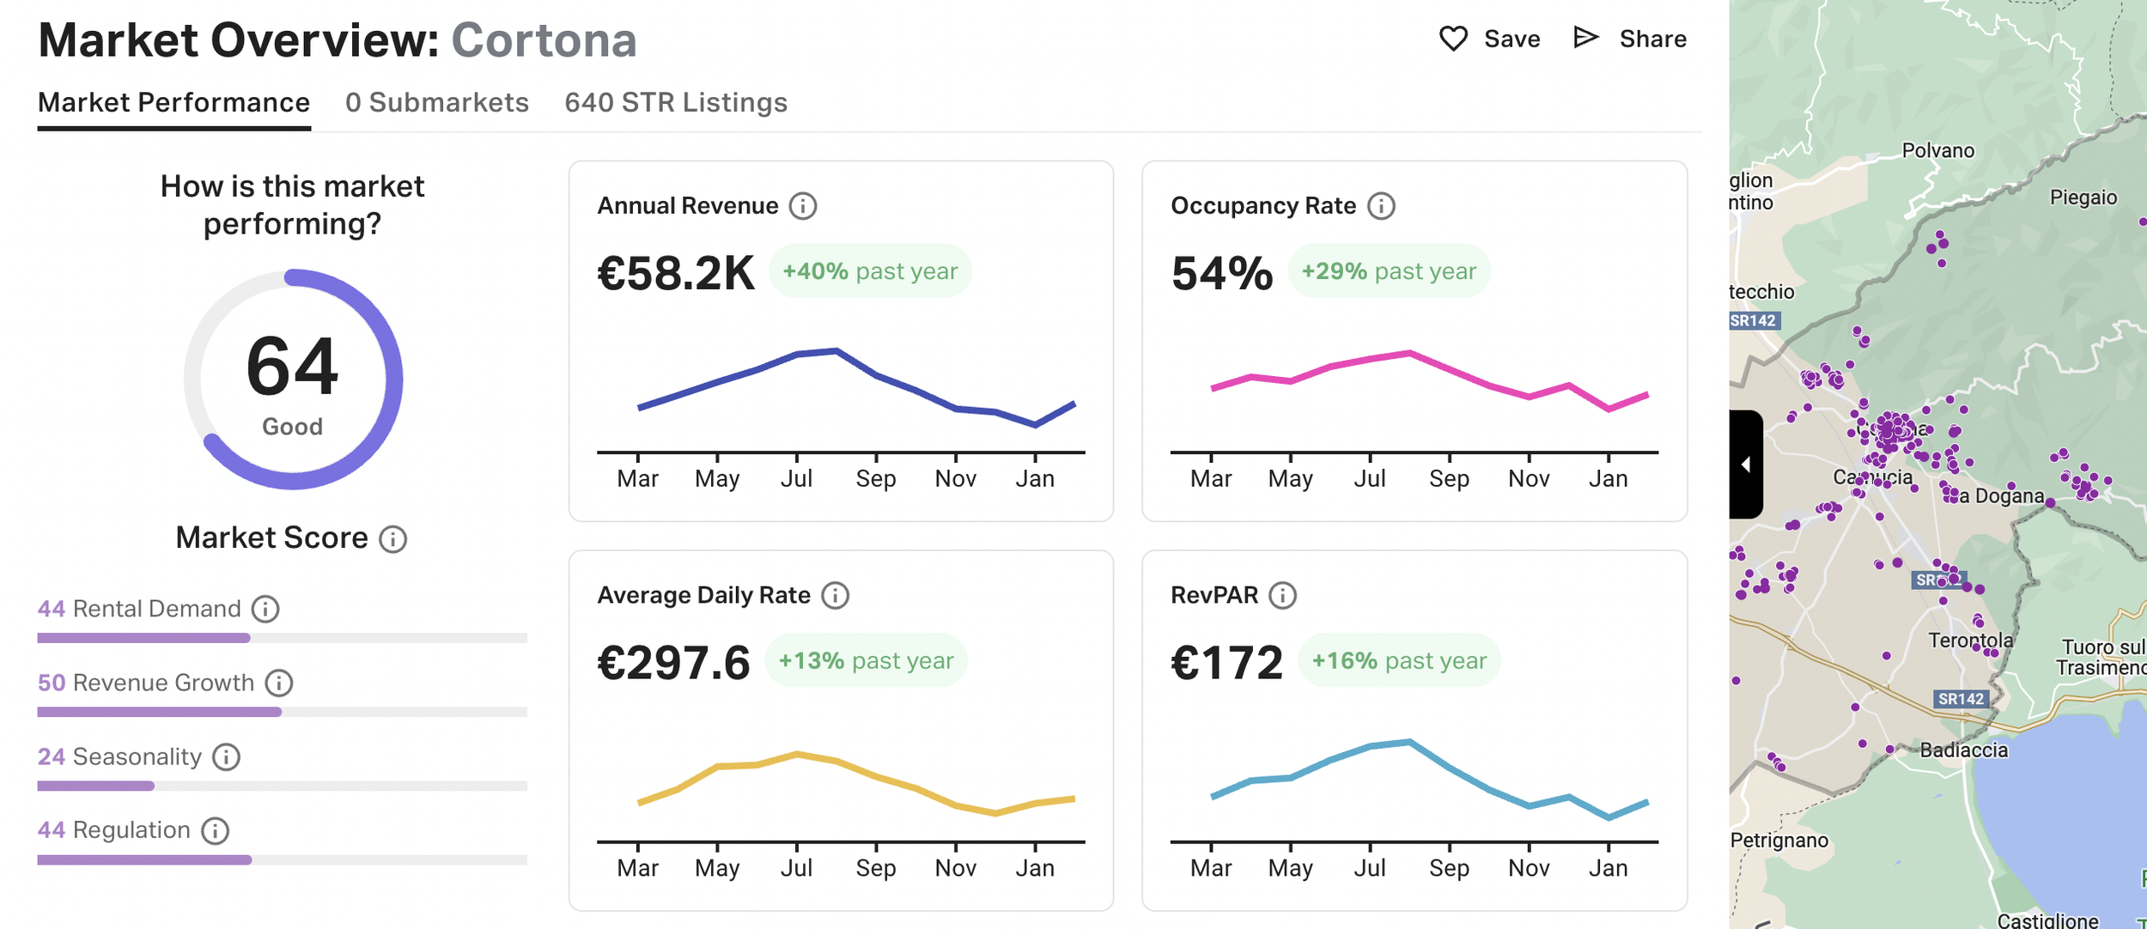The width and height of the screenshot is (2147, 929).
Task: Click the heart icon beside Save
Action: pos(1453,39)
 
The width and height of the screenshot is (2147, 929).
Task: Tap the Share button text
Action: pos(1652,39)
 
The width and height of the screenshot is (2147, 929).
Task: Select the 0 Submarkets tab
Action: pos(437,102)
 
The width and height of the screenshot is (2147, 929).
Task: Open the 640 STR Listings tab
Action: pos(676,102)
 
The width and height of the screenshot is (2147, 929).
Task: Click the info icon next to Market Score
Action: pos(393,539)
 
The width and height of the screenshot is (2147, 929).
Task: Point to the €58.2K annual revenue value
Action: pos(676,273)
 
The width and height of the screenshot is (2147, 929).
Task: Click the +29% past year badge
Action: pos(1389,271)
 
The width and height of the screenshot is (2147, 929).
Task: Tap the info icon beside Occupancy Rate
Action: pos(1381,206)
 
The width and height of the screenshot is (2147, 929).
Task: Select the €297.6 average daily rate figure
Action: pos(674,663)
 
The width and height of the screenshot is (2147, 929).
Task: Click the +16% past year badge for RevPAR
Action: pos(1399,660)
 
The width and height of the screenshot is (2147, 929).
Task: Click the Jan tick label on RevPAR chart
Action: pos(1608,868)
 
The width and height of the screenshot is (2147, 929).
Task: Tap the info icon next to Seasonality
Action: pos(226,757)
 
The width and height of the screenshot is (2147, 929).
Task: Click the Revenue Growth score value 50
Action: pos(52,683)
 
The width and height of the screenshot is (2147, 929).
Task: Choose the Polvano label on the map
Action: pos(1938,151)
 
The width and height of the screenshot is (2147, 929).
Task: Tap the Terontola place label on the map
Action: pos(1970,641)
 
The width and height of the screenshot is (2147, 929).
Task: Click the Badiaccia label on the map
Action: pos(1964,750)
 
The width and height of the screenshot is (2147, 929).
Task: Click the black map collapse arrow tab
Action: pos(1746,464)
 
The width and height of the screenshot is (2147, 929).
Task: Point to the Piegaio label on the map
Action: pos(2083,197)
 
